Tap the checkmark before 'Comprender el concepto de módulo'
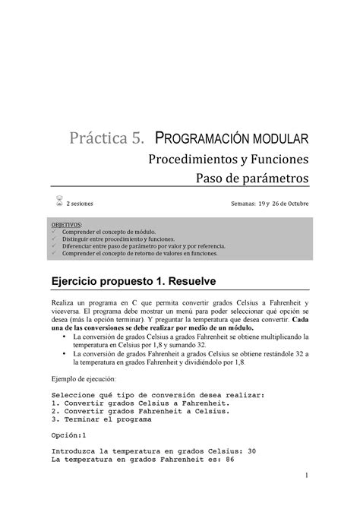[55, 232]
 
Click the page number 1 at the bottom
[303, 476]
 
